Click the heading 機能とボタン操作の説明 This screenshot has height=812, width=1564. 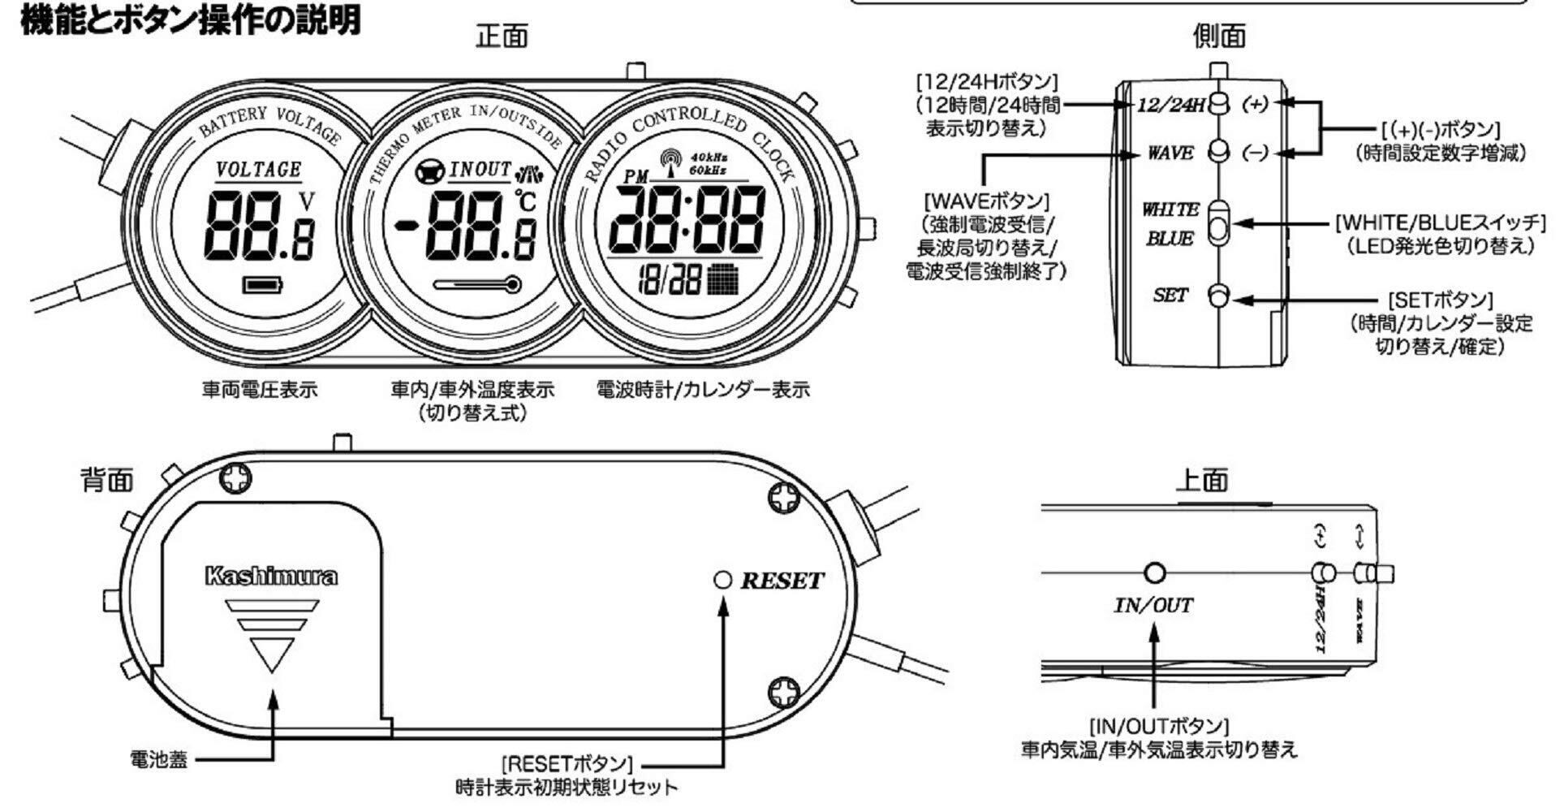pos(190,19)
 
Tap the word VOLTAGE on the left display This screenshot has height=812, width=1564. pos(258,170)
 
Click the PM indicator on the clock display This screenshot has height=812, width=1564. pos(638,177)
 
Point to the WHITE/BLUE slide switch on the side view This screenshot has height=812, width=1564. pos(1218,223)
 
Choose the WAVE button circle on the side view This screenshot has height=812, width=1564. pos(1218,152)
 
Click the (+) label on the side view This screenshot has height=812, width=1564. pos(1257,104)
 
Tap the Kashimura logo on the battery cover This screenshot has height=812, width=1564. pos(271,577)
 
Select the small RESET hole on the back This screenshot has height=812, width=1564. pos(722,580)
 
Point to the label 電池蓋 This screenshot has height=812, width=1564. pos(158,760)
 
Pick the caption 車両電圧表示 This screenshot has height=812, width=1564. pos(260,391)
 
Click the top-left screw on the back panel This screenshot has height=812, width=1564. pos(235,479)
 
